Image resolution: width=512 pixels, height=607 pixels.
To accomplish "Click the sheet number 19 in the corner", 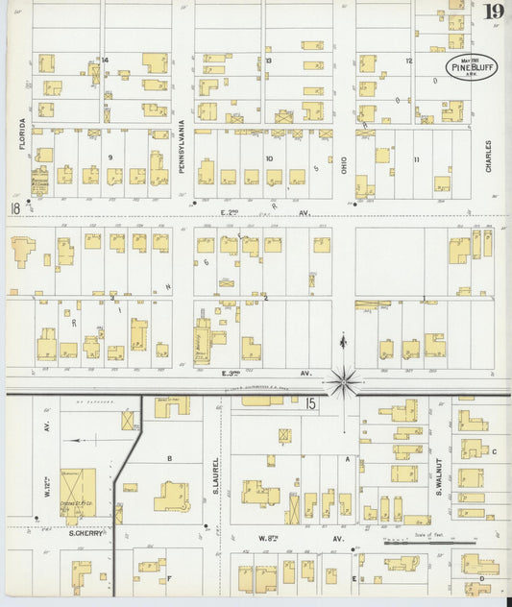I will [x=494, y=12].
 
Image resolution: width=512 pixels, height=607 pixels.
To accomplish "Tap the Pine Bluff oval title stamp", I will [x=472, y=66].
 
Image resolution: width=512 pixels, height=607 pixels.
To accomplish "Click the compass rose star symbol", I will [x=344, y=381].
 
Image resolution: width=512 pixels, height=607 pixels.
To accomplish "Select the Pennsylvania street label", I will [x=181, y=145].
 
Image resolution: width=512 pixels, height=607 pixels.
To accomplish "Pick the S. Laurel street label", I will [x=216, y=477].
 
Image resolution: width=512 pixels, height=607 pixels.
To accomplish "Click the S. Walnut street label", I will [x=436, y=478].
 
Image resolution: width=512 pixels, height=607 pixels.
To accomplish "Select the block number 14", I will [x=105, y=61].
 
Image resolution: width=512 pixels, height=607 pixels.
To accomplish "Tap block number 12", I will [x=408, y=61].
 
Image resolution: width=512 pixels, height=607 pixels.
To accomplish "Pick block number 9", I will [x=110, y=157].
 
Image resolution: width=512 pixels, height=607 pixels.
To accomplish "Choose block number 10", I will [x=270, y=158].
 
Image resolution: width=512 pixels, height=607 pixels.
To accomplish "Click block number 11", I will [x=416, y=158].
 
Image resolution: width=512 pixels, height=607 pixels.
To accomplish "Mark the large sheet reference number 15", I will [x=311, y=405].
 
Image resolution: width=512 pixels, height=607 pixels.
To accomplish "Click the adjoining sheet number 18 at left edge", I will [x=14, y=208].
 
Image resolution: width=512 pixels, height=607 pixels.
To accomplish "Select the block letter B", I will [x=169, y=459].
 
